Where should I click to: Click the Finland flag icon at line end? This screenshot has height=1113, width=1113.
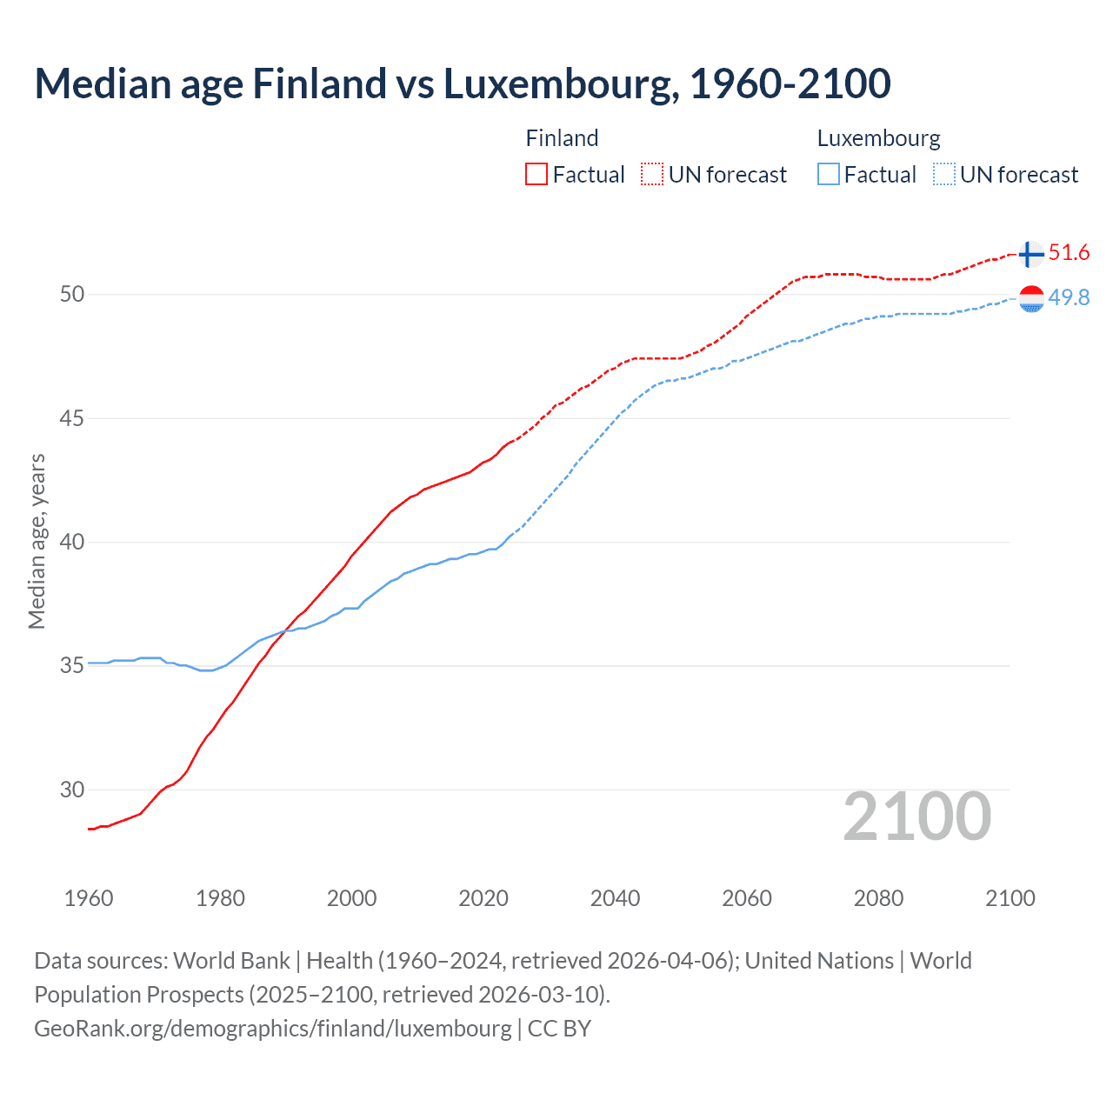coord(1030,254)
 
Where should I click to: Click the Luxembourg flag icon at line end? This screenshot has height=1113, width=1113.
coord(1030,298)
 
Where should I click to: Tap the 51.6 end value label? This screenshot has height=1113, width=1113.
coord(1069,253)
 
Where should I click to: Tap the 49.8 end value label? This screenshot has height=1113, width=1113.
coord(1069,297)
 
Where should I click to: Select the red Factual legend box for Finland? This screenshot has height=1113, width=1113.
coord(537,175)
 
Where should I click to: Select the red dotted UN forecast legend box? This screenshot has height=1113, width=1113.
coord(652,175)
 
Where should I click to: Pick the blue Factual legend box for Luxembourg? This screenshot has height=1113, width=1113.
coord(829,175)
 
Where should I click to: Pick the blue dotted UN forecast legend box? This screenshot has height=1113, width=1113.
coord(943,175)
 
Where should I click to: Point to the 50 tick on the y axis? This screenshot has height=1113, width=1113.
coord(72,295)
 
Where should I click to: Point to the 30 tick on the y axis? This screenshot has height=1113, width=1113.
coord(72,790)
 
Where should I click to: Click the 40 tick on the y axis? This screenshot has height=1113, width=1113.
coord(72,543)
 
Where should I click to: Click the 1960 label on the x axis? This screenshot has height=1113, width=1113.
coord(89,898)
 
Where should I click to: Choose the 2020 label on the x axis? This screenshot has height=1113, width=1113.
coord(483,898)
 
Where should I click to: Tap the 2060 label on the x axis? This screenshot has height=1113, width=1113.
coord(747,898)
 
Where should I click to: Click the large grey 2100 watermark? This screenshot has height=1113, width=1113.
coord(916,816)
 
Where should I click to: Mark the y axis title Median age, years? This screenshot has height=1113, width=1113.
coord(37,541)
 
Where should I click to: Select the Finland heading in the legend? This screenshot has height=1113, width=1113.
coord(562,138)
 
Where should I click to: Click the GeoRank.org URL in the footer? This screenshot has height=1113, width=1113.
coord(272,1028)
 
